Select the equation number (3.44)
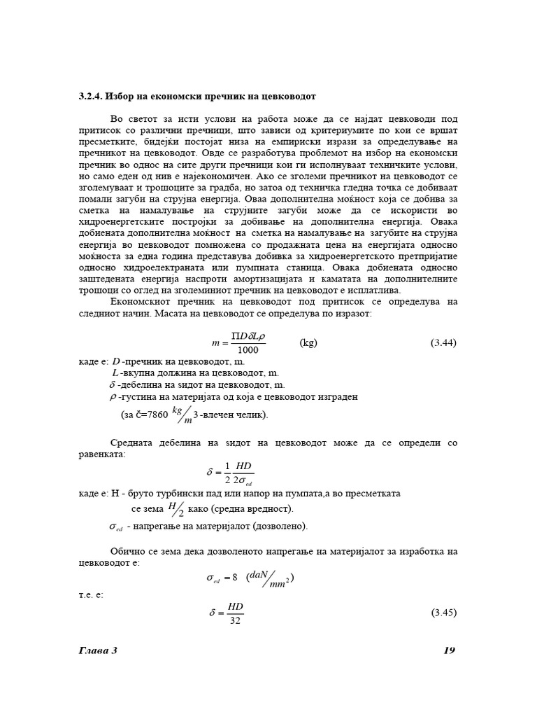[x=443, y=343]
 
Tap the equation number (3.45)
[x=443, y=612]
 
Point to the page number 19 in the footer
[x=450, y=650]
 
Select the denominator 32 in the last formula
[x=235, y=620]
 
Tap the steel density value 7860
[x=155, y=415]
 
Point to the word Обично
[x=129, y=552]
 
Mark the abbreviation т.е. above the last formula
[x=90, y=594]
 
